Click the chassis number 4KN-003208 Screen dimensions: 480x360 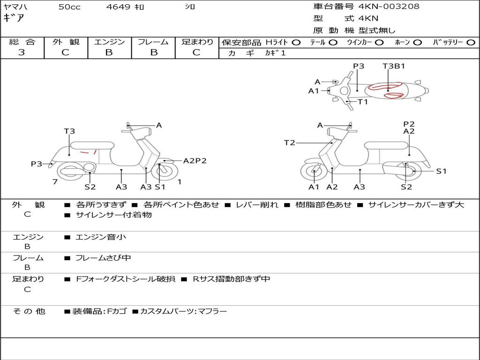389,6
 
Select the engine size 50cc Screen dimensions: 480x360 69,7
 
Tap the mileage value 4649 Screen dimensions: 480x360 118,7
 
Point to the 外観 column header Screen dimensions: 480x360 66,42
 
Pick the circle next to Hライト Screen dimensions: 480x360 296,43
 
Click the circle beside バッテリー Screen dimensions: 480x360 471,43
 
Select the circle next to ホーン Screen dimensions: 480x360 417,43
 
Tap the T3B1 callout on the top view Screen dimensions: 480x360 394,66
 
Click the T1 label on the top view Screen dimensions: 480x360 363,102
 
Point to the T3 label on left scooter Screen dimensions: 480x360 69,131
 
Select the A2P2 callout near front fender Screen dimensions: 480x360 195,161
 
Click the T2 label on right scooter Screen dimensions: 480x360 290,142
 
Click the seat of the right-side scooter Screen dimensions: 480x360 387,145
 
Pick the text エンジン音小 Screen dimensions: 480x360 101,237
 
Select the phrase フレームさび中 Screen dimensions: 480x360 103,258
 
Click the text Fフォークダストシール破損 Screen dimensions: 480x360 126,279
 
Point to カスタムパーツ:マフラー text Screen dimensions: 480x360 184,312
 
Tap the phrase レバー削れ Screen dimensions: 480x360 257,205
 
